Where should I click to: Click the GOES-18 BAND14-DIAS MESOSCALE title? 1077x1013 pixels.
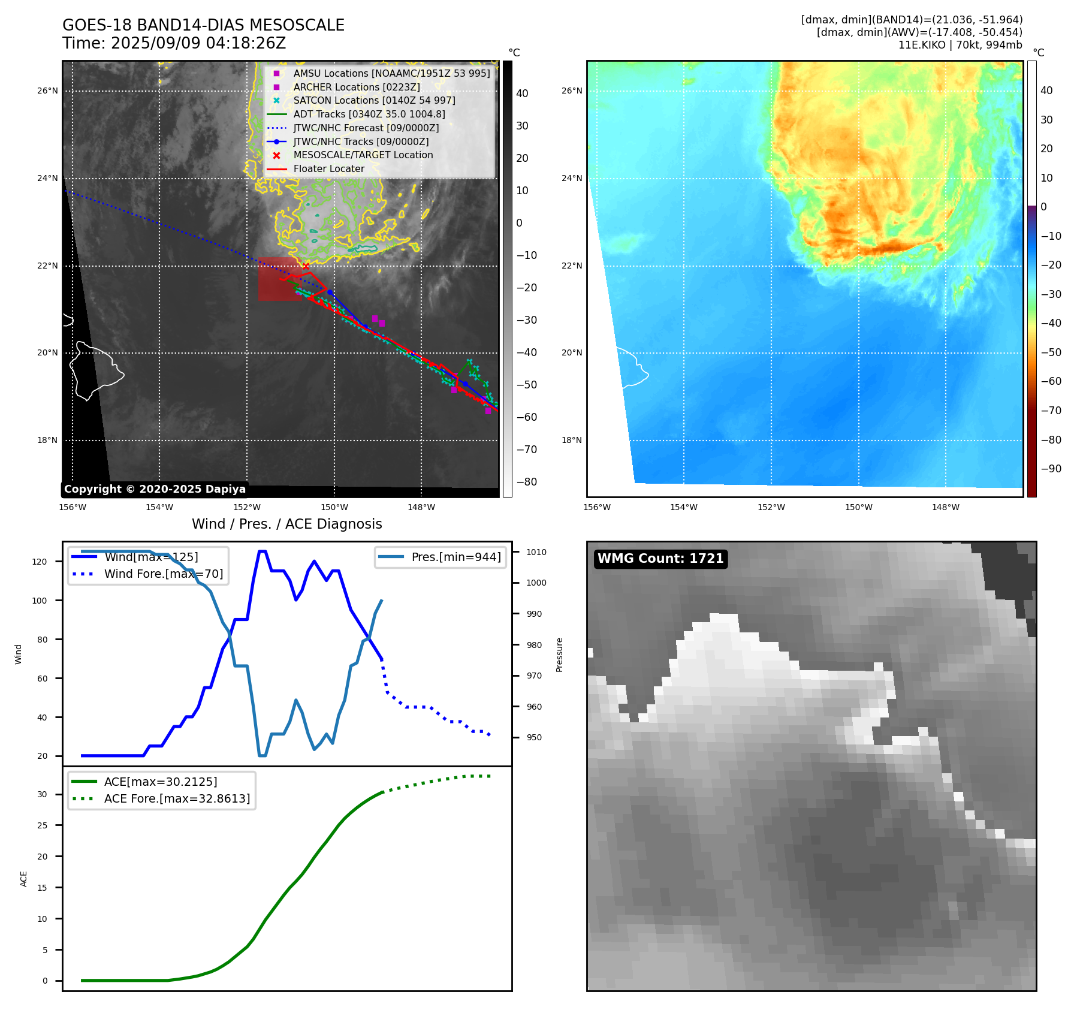coord(203,25)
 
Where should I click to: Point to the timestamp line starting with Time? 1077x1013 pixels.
coord(174,43)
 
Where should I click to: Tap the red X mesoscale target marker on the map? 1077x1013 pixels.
coord(306,266)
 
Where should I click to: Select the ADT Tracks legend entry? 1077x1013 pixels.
coord(369,114)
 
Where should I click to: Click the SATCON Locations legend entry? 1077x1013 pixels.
coord(374,100)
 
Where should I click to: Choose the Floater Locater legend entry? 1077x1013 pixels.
coord(328,168)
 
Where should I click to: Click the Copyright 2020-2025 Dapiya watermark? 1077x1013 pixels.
coord(155,489)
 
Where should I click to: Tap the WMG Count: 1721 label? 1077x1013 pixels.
coord(660,559)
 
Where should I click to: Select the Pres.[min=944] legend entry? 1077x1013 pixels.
coord(455,557)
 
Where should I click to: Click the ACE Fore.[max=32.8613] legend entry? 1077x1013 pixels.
coord(177,798)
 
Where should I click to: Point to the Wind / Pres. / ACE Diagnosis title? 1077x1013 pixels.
coord(286,524)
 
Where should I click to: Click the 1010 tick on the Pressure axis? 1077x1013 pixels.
coord(536,552)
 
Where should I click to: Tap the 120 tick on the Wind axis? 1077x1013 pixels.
coord(40,562)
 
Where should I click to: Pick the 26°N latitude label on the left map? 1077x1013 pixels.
coord(48,91)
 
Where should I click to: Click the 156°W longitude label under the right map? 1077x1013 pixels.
coord(597,507)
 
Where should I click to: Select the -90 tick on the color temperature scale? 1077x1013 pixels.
coord(1051,469)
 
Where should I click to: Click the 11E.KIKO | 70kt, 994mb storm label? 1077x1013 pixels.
coord(960,45)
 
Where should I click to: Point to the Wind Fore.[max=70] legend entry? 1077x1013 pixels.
coord(163,574)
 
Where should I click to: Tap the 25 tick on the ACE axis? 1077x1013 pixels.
coord(42,825)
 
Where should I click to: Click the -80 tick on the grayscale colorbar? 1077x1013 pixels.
coord(527,482)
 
